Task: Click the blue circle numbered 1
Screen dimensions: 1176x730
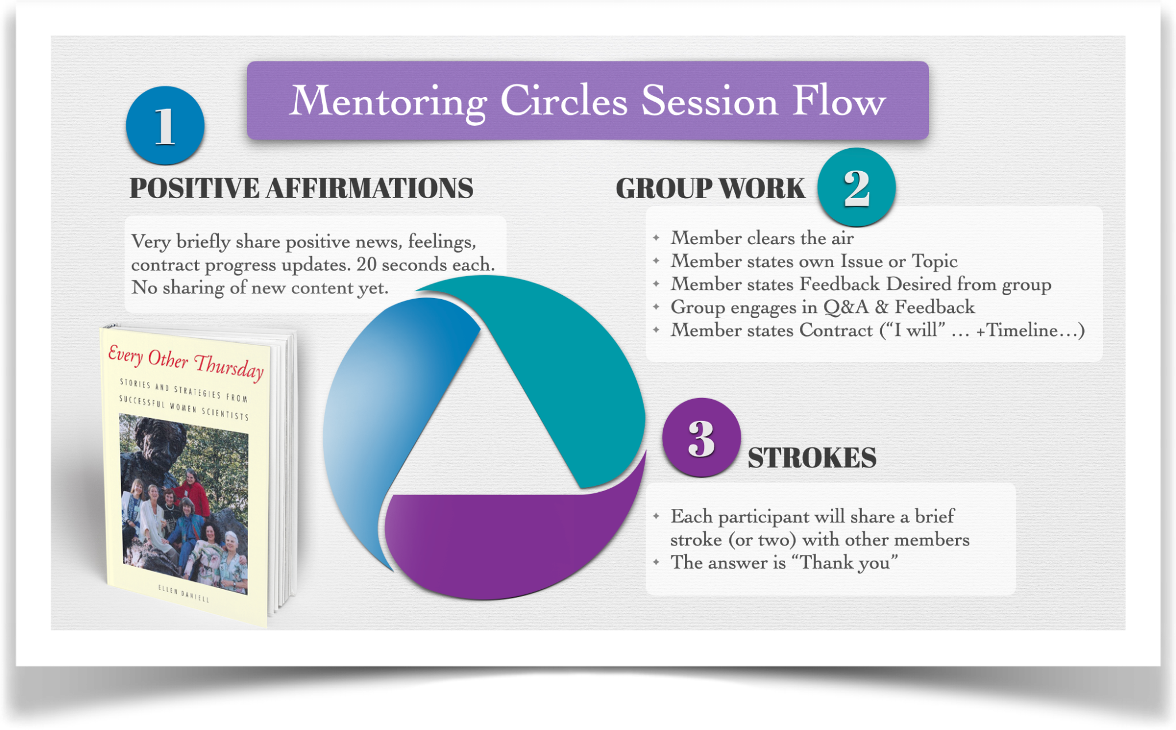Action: (x=165, y=125)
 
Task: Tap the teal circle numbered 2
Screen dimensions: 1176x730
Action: (x=856, y=187)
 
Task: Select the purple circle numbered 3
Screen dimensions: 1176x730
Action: (x=701, y=438)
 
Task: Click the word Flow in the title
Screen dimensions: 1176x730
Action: (x=840, y=102)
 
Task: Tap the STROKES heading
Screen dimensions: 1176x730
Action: (x=812, y=458)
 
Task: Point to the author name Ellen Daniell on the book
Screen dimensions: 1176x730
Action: (x=183, y=593)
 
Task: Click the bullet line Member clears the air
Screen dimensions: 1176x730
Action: (x=762, y=238)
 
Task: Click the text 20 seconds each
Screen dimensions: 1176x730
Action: (x=425, y=264)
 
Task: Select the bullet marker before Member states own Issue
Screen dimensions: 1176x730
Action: (x=656, y=261)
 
